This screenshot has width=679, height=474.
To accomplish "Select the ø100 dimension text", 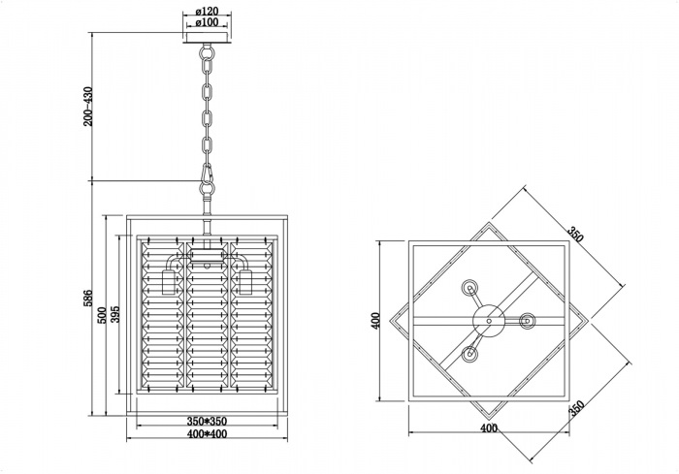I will tap(205, 22).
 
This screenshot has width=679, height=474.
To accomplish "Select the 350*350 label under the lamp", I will tap(207, 423).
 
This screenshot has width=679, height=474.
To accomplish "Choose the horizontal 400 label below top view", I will tap(488, 428).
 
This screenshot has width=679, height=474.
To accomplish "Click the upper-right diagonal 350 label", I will tap(575, 237).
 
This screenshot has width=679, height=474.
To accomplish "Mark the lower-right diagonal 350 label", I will tap(575, 408).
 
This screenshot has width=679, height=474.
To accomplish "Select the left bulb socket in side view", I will tap(167, 281).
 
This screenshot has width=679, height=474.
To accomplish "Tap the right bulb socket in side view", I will tap(246, 281).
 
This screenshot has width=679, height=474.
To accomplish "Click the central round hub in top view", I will tap(488, 319).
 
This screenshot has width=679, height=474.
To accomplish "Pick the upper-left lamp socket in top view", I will tap(470, 287).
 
